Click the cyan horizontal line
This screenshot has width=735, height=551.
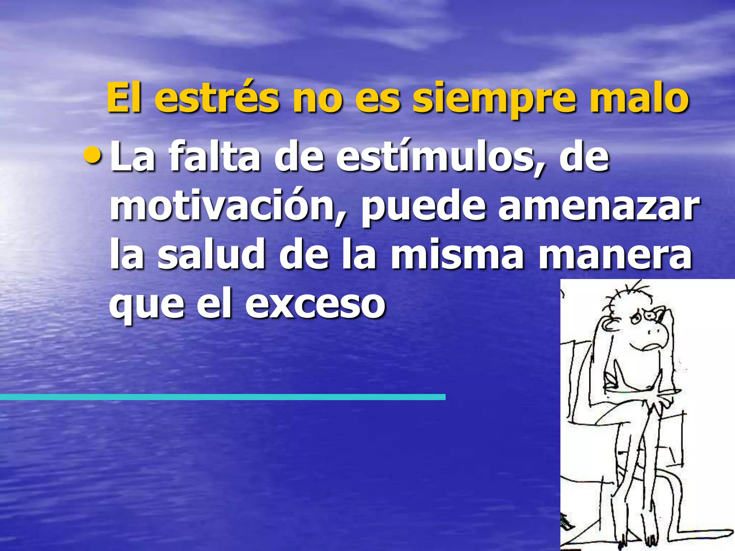pos(223,397)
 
